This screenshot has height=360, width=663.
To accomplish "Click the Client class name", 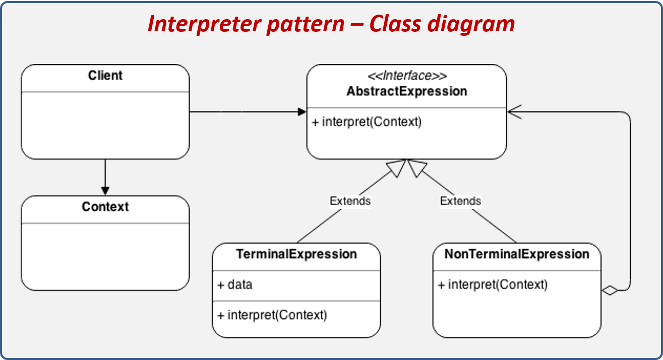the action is click(105, 76).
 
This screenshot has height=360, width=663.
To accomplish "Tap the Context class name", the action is click(105, 207).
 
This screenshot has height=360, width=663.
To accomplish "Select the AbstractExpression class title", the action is click(407, 91).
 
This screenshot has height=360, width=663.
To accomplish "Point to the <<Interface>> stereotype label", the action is click(407, 76).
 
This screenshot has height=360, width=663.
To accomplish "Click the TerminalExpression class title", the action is click(296, 254).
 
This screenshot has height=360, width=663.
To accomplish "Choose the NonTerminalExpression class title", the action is click(517, 254).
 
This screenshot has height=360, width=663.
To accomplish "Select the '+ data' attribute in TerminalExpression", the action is click(235, 284).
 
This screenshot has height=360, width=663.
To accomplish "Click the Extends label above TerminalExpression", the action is click(350, 201).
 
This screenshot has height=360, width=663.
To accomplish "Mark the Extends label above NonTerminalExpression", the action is click(460, 201).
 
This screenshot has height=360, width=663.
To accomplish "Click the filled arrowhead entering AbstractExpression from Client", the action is click(302, 112).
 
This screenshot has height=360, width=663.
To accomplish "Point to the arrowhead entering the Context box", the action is click(105, 191).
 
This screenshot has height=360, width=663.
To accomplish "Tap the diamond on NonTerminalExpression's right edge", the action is click(610, 290).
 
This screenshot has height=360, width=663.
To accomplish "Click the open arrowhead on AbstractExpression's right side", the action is click(514, 112).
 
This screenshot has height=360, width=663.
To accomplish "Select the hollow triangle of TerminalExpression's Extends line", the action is click(397, 168).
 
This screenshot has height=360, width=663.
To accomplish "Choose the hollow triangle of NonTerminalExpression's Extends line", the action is click(417, 168).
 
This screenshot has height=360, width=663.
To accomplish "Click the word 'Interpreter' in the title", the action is click(205, 24).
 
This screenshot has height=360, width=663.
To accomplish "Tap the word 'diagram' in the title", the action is click(471, 24).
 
